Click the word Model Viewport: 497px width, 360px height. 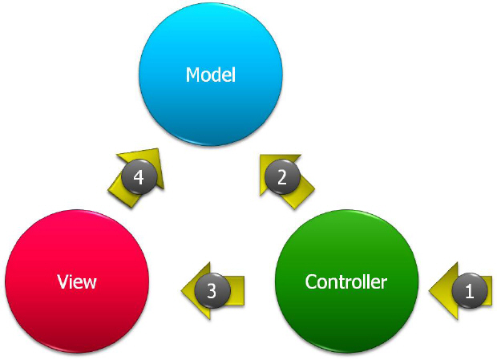(x=211, y=75)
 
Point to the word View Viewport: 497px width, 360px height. (x=77, y=281)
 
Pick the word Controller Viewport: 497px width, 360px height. (x=346, y=281)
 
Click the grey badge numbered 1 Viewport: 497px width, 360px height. (x=470, y=291)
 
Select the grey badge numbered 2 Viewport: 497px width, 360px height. (x=281, y=177)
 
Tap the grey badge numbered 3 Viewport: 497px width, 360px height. (x=212, y=290)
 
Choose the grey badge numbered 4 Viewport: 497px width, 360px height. (x=139, y=177)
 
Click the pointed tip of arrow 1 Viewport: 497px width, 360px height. (x=430, y=291)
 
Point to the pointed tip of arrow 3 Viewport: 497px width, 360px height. (x=179, y=290)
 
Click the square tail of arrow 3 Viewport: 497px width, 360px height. (x=241, y=290)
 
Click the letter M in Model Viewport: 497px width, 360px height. (x=192, y=75)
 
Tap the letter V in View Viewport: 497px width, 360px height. (x=63, y=281)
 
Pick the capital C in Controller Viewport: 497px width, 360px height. (x=311, y=281)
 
